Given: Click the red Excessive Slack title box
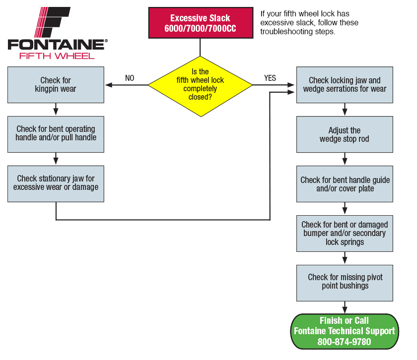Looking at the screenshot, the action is tap(201, 23).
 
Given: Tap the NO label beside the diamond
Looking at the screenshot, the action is tap(130, 78).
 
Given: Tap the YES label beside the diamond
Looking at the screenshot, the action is tap(270, 78).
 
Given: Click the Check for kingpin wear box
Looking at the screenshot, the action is tap(56, 85).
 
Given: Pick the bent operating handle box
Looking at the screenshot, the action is tap(56, 134).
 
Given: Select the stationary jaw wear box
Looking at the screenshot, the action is tap(56, 184).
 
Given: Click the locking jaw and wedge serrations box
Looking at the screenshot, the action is tap(345, 85).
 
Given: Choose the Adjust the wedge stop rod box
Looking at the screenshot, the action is tap(345, 134).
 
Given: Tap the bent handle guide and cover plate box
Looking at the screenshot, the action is tap(345, 184).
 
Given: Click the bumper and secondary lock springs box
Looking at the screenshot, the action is tap(345, 234).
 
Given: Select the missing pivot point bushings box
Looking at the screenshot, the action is tap(345, 283).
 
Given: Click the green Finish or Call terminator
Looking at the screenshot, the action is tap(345, 331).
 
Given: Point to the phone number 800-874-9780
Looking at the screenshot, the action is tap(344, 342).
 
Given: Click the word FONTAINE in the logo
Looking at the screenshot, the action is tap(56, 45).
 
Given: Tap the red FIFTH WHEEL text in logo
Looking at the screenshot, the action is tap(57, 56).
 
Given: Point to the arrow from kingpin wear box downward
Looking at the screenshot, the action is tap(56, 109).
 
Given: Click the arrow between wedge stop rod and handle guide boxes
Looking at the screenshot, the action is tap(345, 159).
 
